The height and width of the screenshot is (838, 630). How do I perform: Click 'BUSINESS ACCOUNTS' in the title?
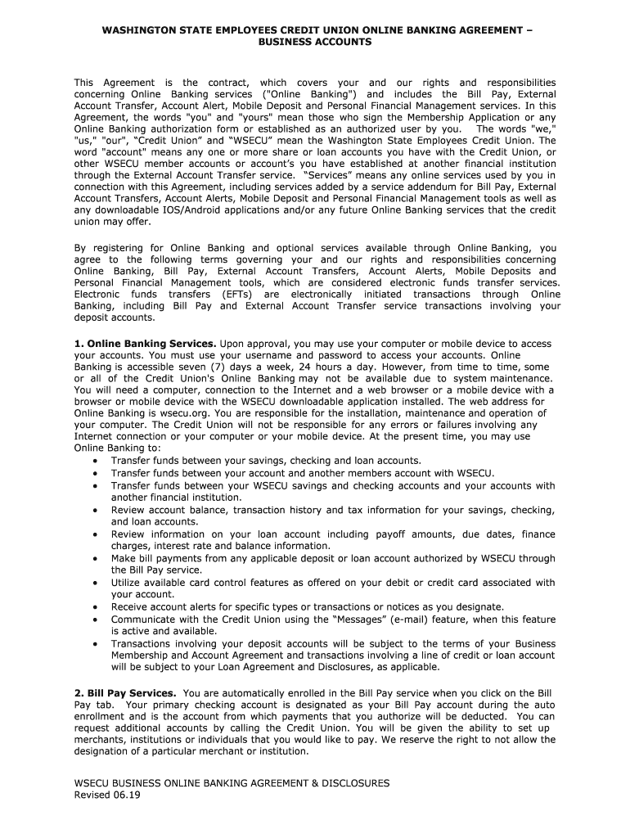coord(315,42)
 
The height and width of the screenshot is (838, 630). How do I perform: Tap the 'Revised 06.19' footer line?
coord(107,795)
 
